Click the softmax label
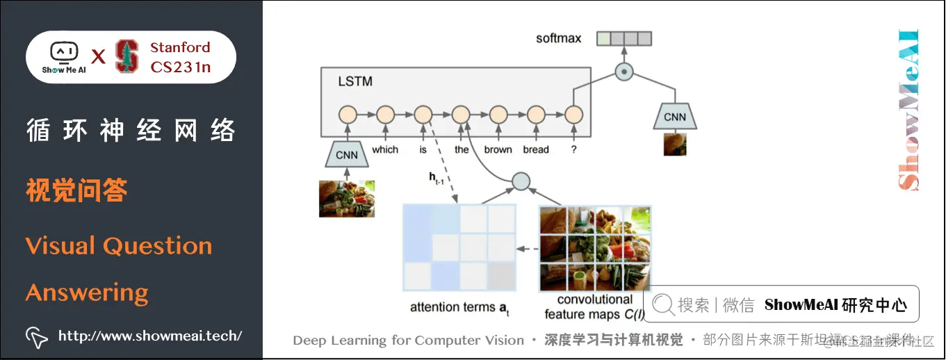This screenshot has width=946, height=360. coord(558,38)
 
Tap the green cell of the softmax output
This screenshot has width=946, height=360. coord(603,38)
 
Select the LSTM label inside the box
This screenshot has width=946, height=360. coord(354,81)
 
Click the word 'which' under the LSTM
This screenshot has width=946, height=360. coord(385,149)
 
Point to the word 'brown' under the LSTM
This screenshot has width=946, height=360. coord(498,149)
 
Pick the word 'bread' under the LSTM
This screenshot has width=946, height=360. coord(536,149)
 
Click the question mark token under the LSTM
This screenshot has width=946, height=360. coord(573,149)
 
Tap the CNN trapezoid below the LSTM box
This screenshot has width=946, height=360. coord(347,154)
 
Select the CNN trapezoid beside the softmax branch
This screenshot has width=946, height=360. coord(674,117)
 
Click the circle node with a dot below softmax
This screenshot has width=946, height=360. coord(624,70)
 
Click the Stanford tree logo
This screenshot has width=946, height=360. coord(127,56)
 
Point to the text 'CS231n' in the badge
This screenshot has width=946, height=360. coord(180,67)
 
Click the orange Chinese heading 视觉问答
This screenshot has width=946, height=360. coord(76,190)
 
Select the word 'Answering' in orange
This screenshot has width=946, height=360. coord(87,293)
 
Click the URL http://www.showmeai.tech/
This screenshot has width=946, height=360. coord(150,336)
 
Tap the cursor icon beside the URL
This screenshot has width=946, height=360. coord(36,337)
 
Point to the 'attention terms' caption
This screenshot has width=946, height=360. coord(455,307)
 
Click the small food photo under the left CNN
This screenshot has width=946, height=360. coord(347,198)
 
